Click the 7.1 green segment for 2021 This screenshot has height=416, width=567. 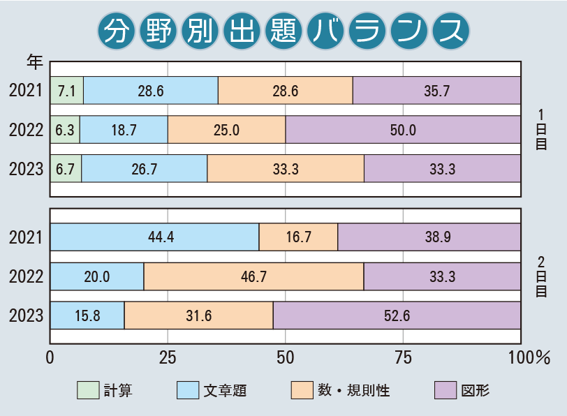[66, 90]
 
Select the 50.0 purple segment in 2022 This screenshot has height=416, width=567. [403, 129]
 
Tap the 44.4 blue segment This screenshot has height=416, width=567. [154, 237]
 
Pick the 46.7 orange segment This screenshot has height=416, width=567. [253, 277]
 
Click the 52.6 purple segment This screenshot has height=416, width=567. [397, 315]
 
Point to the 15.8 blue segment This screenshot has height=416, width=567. [87, 315]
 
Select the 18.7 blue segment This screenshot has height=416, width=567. [124, 129]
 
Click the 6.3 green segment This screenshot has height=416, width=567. [65, 129]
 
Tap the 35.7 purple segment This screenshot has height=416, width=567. [436, 90]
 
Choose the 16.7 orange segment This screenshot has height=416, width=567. [298, 237]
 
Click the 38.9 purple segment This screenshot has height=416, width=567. [429, 237]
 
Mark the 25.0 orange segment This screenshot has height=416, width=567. [226, 129]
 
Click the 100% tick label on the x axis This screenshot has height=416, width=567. [529, 358]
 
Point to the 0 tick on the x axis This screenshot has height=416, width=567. [50, 358]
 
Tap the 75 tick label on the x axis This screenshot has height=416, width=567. [403, 358]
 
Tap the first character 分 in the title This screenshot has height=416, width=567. [117, 31]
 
